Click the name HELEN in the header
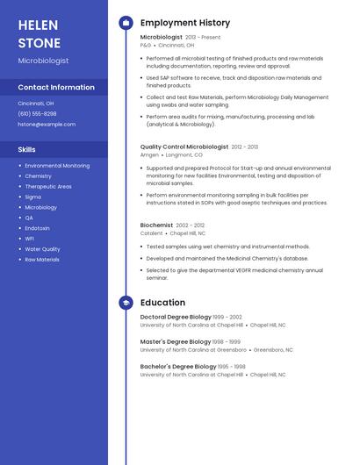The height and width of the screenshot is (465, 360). point(38,25)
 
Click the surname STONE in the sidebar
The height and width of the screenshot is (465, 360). point(40,43)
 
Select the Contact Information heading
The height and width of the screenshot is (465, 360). point(56,88)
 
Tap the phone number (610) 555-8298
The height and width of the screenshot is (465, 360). point(37,113)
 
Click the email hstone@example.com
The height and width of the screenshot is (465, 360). point(47,125)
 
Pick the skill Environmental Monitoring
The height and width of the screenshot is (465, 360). point(57,166)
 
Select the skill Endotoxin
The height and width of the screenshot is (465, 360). point(38,228)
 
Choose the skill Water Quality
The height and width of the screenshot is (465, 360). point(42,249)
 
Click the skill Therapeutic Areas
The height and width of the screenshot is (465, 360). point(48,187)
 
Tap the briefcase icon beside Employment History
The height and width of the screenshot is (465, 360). point(126,23)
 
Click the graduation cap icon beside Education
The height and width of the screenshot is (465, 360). point(126,303)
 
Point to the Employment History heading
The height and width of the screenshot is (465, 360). point(185,23)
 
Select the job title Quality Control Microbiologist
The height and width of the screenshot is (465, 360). point(184,147)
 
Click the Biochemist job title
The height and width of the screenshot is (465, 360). point(156,225)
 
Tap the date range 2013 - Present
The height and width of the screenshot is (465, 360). point(203,38)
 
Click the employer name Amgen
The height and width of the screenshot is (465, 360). point(149,154)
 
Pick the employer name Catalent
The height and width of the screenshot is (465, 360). point(151,233)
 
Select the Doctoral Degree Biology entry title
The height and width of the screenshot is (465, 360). point(176,317)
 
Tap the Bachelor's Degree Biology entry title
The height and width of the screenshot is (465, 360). point(178,366)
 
